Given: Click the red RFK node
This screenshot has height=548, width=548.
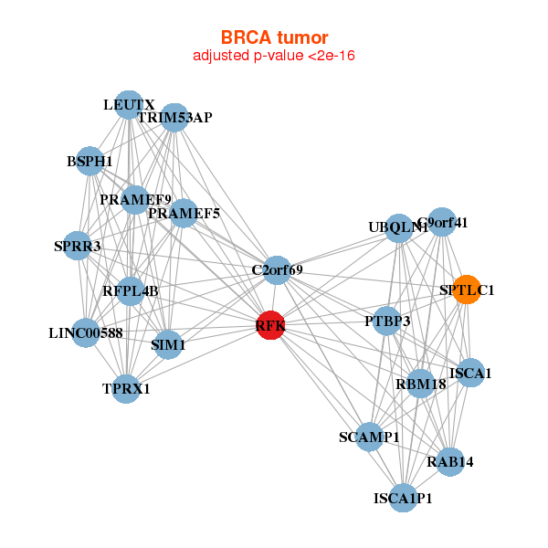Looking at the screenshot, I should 270,325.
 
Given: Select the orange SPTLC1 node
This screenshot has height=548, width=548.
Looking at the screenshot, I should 467,290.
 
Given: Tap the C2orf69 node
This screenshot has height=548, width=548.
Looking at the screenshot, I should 278,269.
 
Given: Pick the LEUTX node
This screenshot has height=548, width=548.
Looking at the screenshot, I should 129,105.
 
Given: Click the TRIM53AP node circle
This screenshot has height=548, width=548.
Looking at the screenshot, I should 174,117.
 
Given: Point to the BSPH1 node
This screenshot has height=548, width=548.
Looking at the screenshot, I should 90,161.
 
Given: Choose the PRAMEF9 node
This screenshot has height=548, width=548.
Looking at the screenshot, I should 135,199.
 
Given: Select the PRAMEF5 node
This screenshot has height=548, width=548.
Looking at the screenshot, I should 184,214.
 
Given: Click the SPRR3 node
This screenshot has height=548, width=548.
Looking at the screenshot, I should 78,246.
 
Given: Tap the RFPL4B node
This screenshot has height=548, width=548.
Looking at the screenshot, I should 131,291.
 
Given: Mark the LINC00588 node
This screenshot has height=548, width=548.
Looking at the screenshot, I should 86,332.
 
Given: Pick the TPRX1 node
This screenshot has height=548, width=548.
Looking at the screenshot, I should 126,388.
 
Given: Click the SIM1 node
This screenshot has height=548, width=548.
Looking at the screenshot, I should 168,345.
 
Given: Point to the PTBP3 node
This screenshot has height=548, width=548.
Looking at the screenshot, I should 387,321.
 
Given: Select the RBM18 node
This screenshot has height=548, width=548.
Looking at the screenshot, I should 420,384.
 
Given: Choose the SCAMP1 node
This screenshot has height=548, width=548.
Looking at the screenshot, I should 369,437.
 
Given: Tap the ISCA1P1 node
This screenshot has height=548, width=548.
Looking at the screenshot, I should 403,498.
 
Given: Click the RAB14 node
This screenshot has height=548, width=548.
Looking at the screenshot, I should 450,462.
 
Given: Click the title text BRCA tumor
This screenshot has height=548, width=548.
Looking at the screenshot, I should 274,37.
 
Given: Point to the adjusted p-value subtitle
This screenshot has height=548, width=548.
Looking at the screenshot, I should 274,56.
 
